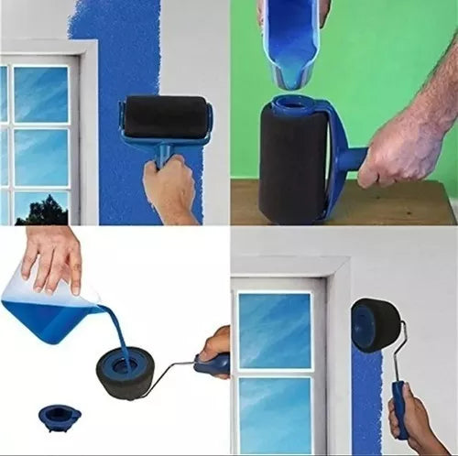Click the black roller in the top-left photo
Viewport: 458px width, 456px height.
point(166,117)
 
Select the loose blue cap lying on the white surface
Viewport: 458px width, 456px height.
point(60,418)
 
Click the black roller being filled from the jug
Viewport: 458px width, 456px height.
point(125,371)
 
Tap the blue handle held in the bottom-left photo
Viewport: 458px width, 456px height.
point(213,365)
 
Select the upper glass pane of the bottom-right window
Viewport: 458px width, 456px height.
point(274,330)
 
